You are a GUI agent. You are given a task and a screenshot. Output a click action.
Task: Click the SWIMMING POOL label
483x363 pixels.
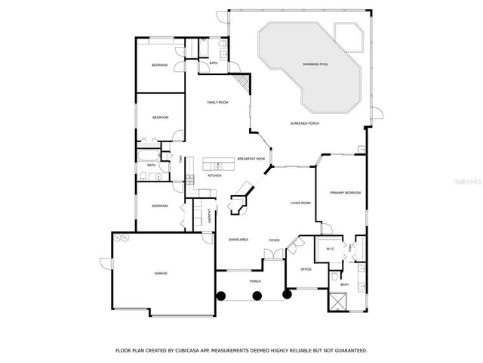pos(315,64)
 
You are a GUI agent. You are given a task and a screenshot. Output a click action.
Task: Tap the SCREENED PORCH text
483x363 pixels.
pos(306,123)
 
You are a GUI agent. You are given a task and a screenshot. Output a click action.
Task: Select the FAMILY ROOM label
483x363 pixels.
pos(218,102)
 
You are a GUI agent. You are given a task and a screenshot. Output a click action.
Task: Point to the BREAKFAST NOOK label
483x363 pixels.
pos(251,159)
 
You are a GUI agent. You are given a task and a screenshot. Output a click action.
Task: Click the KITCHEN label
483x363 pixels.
pos(214,175)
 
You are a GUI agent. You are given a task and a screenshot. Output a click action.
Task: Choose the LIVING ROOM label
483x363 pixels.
pos(301,203)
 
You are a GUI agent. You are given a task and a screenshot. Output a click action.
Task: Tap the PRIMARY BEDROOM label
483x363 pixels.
pos(345,193)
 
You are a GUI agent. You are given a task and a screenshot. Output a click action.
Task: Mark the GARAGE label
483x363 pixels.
pos(161,273)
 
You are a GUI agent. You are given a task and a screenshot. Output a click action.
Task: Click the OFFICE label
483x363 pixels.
pos(306,269)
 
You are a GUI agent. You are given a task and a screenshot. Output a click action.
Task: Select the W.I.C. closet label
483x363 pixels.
pos(330,248)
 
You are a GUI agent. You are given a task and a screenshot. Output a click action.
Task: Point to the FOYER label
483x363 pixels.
pos(274,240)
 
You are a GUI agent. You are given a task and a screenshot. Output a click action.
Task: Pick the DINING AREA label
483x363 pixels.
pos(238,240)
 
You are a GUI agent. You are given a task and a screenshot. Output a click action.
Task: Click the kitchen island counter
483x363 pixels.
pos(219,163)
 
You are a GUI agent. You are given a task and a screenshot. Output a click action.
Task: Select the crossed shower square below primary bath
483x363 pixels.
pos(338,299)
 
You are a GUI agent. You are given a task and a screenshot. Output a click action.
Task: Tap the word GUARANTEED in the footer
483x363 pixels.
pos(350,351)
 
